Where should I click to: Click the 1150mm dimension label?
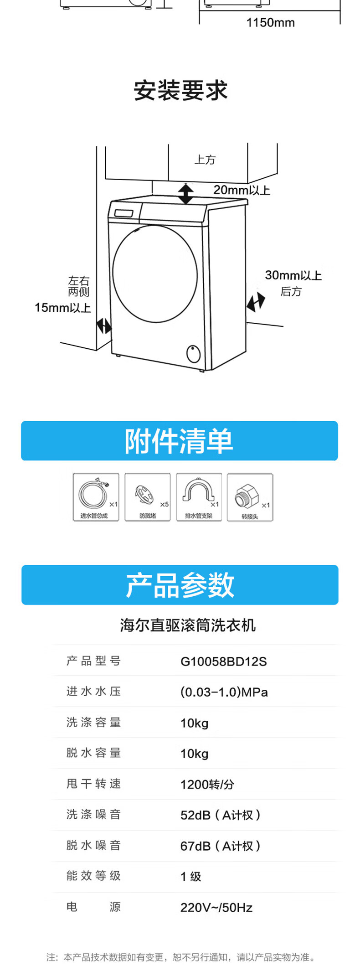coord(270,22)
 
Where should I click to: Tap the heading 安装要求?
coord(180,90)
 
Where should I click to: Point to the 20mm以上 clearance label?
coord(242,190)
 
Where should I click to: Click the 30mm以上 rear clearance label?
coord(293,275)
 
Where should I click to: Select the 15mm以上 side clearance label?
coord(62,308)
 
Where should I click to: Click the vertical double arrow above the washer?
coord(185,194)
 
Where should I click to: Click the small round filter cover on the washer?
coord(194,353)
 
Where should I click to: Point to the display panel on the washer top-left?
coord(123,213)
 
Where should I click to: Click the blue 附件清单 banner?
coord(180,441)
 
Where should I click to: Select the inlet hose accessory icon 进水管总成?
coord(96,497)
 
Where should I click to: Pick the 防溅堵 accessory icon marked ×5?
coord(147,497)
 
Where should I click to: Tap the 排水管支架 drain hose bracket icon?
coord(199,497)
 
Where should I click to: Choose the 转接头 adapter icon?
coord(250,497)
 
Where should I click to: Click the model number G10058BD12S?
coord(223,661)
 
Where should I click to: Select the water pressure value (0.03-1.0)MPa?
coord(224,692)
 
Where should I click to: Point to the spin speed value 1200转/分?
coord(207,785)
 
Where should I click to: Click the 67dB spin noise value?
coord(220,846)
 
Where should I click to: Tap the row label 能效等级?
coord(93,876)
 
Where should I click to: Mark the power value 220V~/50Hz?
coord(216,908)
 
